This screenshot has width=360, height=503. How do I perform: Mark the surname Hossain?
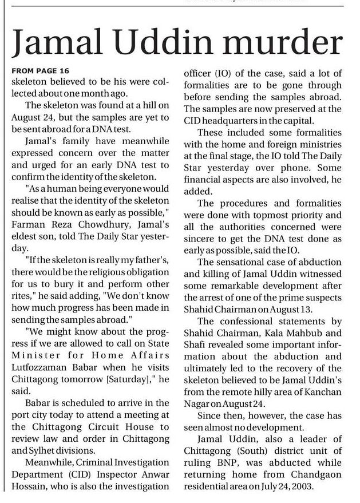point(29,486)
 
